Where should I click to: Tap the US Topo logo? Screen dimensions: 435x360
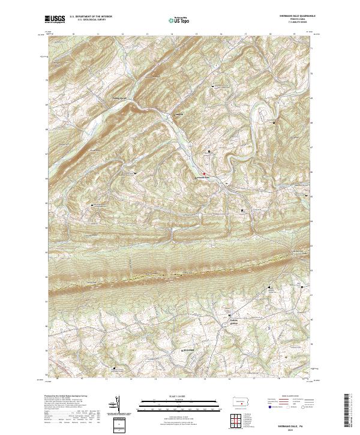tap(179, 20)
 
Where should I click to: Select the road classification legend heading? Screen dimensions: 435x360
tap(292, 397)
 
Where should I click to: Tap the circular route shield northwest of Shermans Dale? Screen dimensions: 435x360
tap(188, 144)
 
